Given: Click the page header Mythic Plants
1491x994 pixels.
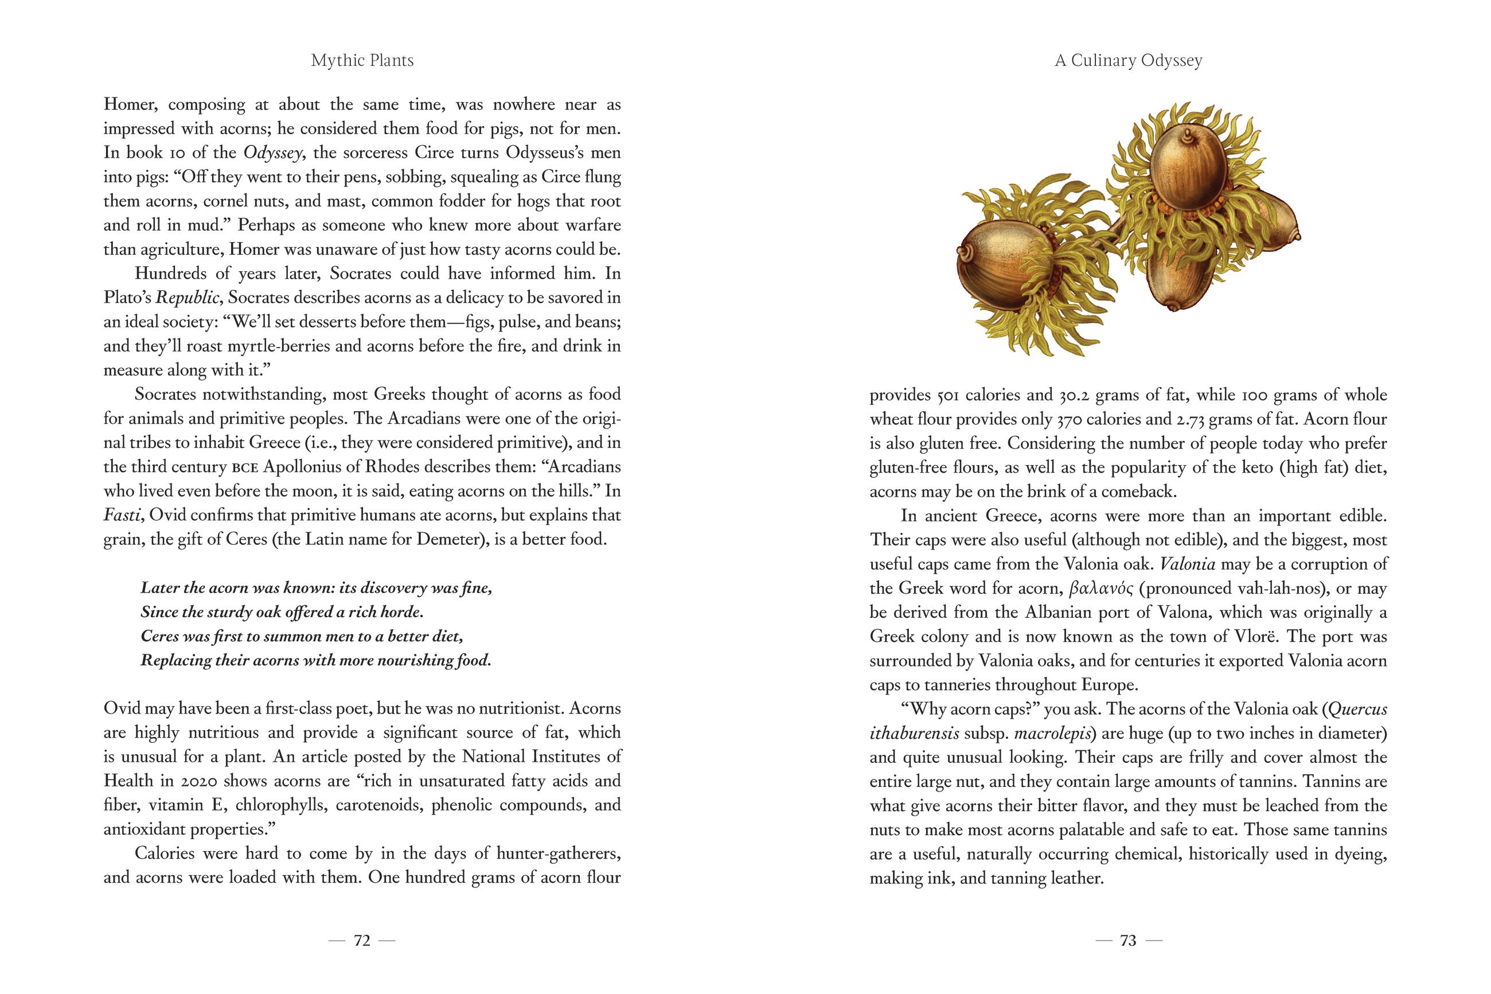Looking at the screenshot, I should pyautogui.click(x=362, y=61).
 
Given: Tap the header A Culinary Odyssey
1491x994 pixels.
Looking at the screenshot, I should pyautogui.click(x=1128, y=61).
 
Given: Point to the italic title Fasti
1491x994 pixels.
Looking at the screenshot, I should pyautogui.click(x=121, y=516).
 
